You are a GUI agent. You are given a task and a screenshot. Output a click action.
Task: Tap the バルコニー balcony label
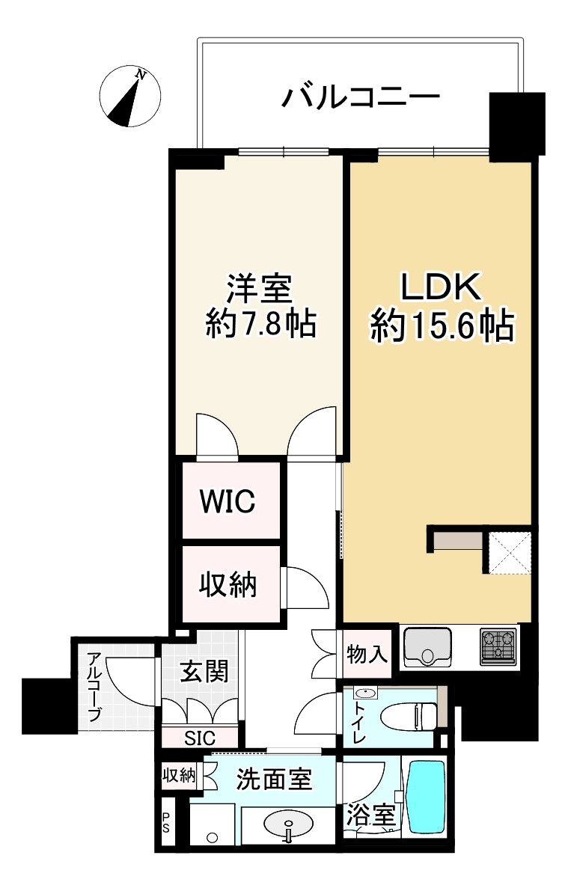coord(360,97)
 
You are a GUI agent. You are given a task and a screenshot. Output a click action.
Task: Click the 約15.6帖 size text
coord(442,326)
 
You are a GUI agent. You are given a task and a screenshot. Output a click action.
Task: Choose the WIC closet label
coord(227,501)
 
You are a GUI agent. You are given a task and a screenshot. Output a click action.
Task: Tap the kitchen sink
coord(428,647)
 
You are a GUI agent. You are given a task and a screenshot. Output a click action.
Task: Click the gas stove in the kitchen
coord(498,646)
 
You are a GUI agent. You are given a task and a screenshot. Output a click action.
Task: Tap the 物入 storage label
coord(367,656)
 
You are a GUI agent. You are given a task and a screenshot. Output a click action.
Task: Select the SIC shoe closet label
coord(200,738)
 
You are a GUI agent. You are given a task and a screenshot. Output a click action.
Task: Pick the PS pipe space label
coord(165,827)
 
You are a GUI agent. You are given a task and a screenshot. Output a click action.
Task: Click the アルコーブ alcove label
coord(94,687)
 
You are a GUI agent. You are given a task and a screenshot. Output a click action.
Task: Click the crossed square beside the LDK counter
coord(510,551)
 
